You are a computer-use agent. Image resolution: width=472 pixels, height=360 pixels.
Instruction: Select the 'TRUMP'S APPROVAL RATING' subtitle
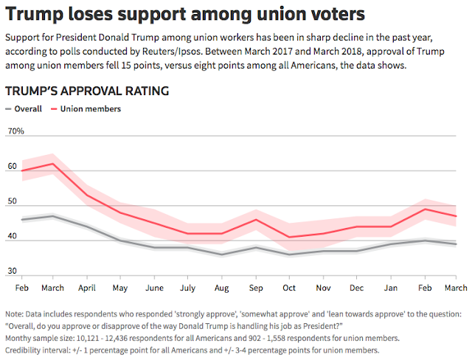pos(87,91)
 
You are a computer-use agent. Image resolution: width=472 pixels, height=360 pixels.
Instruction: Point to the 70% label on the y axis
pos(15,132)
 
